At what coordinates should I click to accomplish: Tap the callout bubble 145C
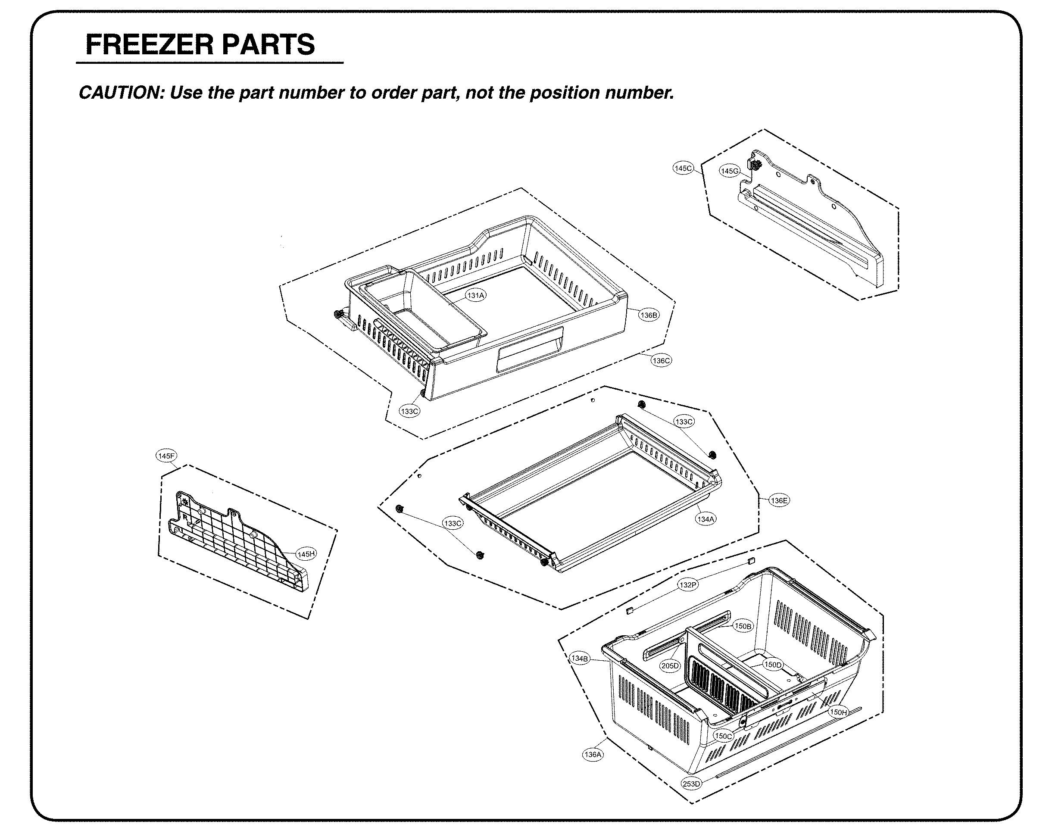point(683,169)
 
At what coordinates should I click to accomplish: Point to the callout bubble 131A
point(476,295)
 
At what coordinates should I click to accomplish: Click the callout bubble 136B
point(649,315)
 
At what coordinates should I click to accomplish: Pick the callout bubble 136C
point(661,361)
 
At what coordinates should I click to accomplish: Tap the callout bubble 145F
point(166,456)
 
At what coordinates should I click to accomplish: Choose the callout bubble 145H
point(306,554)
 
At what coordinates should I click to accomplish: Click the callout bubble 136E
point(779,500)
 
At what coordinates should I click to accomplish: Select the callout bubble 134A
point(705,519)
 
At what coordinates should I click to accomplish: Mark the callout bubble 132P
point(688,585)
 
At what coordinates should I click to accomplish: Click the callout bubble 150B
point(743,626)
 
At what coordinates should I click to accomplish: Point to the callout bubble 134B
point(580,659)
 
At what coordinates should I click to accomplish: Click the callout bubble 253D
point(691,784)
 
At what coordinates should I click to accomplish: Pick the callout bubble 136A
point(593,755)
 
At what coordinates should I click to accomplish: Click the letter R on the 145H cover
point(185,517)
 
